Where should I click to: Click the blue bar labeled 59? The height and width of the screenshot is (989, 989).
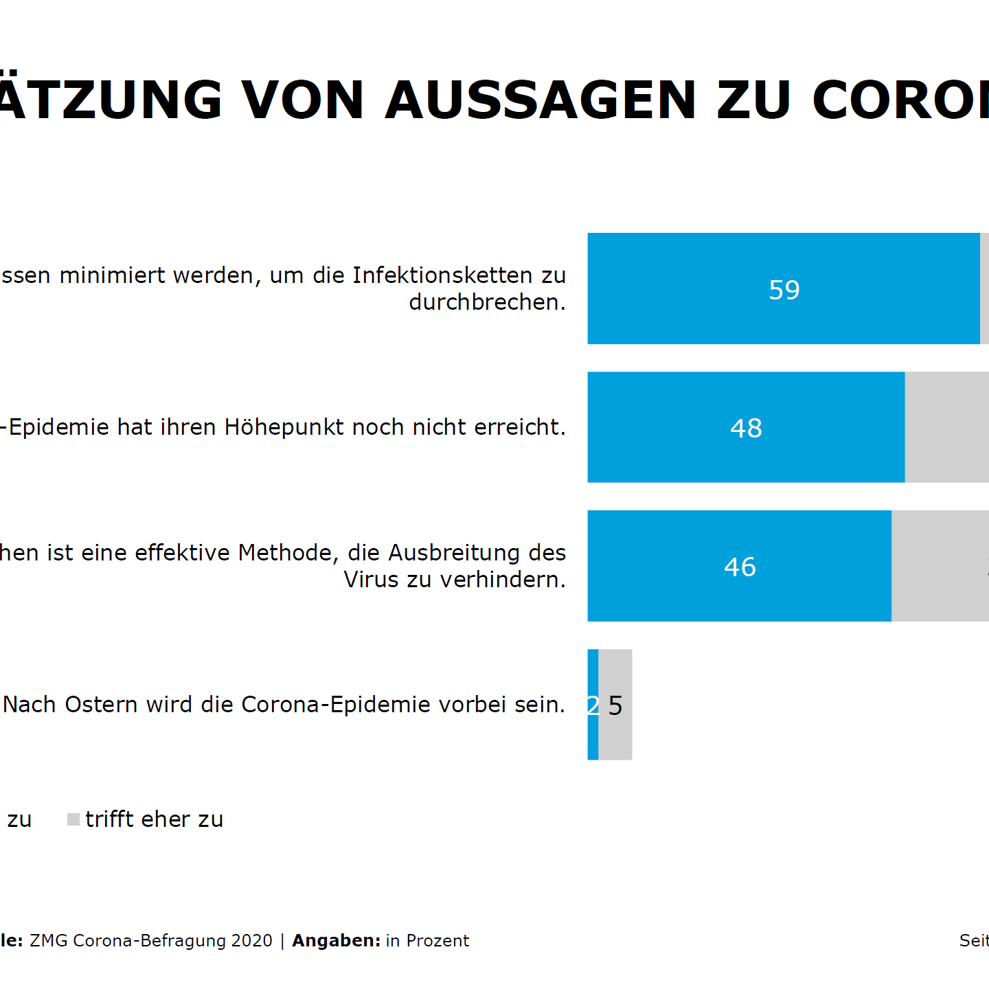[687, 288]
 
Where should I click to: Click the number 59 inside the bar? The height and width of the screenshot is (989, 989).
[784, 290]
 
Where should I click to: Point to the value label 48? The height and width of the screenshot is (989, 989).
[746, 429]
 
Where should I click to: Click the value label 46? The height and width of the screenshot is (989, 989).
[740, 567]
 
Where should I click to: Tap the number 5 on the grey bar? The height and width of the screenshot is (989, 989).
[615, 706]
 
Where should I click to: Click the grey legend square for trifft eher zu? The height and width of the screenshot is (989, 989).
[73, 819]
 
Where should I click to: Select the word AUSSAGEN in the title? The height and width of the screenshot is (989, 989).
[541, 100]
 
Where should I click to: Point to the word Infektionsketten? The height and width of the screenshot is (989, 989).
[444, 275]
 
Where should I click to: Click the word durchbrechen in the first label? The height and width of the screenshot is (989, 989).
[485, 302]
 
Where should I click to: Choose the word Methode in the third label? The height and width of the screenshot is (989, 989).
[288, 552]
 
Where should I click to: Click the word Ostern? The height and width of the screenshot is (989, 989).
[101, 705]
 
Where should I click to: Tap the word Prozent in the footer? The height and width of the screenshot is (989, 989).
[437, 941]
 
